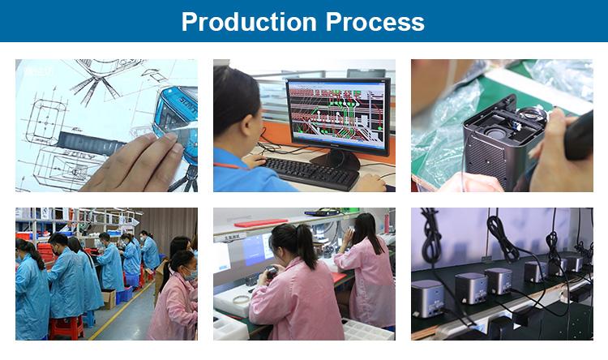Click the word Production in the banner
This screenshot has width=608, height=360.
(249, 22)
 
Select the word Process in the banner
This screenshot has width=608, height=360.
(375, 22)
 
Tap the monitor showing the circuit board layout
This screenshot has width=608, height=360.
(338, 117)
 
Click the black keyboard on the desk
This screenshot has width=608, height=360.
(310, 172)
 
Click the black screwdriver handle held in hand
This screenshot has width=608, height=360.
(579, 136)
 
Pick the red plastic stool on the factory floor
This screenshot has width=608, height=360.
(66, 328)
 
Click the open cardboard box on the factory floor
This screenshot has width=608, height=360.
(109, 298)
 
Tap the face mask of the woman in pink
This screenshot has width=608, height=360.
(191, 275)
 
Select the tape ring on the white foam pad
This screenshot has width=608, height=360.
(241, 299)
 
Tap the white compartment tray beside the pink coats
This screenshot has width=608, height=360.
(367, 330)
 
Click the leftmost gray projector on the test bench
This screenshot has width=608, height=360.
(428, 298)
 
